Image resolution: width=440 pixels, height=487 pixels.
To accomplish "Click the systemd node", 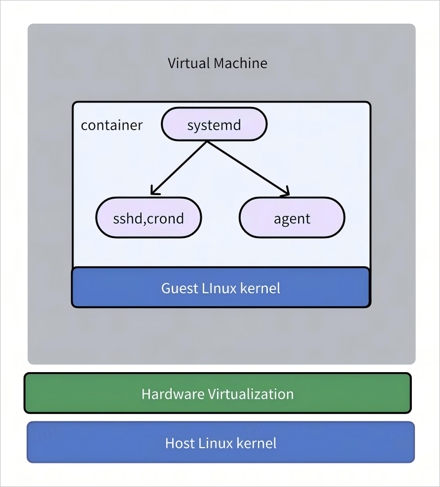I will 214,125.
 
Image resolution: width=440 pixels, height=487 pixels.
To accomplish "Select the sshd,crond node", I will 148,218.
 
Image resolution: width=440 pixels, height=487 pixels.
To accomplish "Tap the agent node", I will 292,218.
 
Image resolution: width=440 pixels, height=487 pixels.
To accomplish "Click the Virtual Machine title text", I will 218,63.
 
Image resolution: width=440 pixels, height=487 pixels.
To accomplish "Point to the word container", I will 111,125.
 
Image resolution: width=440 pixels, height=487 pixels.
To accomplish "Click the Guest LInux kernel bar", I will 220,288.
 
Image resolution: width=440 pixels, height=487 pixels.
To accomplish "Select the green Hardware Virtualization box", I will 218,393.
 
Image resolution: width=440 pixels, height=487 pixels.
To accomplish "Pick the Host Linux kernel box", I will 220,442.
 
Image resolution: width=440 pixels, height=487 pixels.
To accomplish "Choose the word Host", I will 180,443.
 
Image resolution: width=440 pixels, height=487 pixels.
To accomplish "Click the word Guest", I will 179,288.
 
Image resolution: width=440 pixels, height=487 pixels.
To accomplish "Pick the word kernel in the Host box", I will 257,443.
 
